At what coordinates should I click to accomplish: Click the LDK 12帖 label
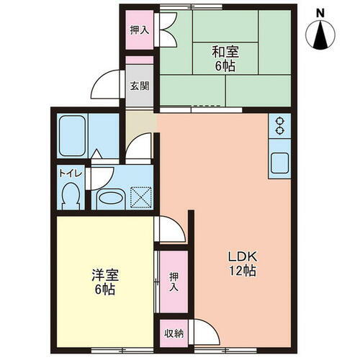pyautogui.click(x=243, y=264)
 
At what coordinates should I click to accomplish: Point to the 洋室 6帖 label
pyautogui.click(x=104, y=282)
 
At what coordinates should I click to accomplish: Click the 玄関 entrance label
pyautogui.click(x=140, y=86)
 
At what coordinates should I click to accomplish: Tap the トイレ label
pyautogui.click(x=69, y=174)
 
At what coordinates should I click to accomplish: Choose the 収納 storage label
pyautogui.click(x=173, y=333)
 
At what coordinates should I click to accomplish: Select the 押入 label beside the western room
pyautogui.click(x=173, y=281)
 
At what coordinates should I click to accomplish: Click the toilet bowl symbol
pyautogui.click(x=70, y=194)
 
